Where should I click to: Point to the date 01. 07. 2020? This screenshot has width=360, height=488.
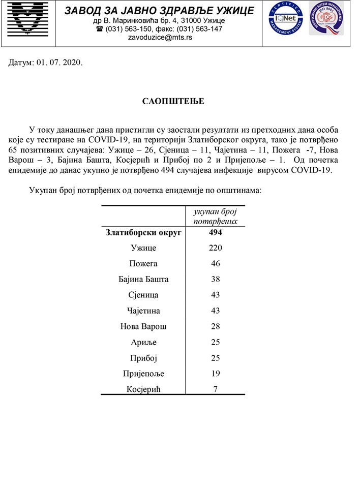[59, 63]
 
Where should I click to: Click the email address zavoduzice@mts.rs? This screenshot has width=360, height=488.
[159, 37]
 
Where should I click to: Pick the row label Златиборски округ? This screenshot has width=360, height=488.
[144, 233]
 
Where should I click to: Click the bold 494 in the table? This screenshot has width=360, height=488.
[216, 233]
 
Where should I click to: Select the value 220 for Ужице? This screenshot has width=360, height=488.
[216, 248]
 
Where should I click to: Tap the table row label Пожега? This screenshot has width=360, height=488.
[144, 264]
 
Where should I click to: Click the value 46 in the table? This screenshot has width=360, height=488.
[216, 264]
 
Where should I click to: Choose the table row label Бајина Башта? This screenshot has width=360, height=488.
[144, 280]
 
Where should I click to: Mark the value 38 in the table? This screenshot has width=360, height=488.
[216, 280]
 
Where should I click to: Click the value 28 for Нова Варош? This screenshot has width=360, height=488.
[216, 326]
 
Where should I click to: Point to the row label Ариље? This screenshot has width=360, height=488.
[144, 342]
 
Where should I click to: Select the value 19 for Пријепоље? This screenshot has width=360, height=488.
[216, 374]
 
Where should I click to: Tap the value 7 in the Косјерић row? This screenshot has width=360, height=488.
[216, 389]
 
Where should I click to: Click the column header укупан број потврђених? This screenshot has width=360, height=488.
[216, 216]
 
